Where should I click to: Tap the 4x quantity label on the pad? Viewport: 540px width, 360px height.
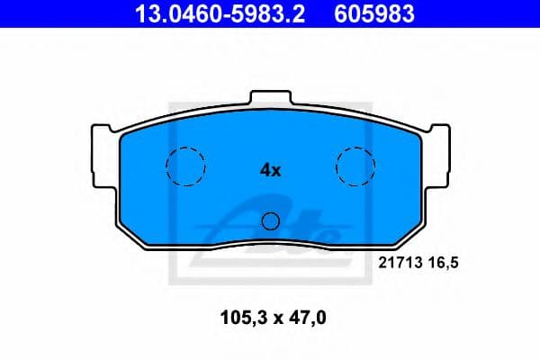click(x=270, y=170)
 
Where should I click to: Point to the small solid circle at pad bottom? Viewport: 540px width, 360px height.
click(x=270, y=221)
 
